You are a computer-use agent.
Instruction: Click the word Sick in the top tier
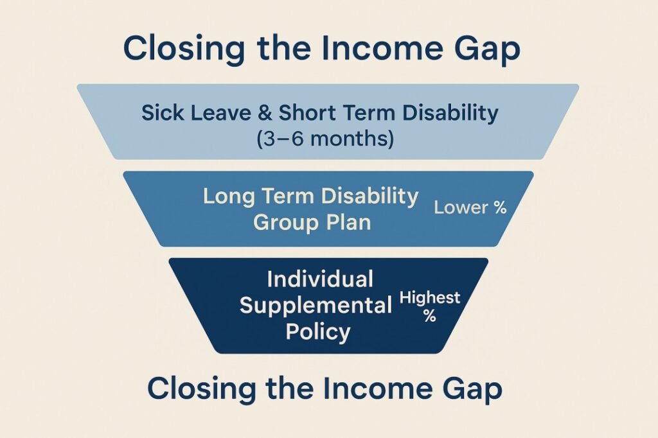point(159,114)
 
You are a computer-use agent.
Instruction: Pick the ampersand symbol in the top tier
point(263,114)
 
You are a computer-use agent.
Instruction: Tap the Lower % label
point(470,207)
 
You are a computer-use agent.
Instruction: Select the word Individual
point(319,279)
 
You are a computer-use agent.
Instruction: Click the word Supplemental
point(316,305)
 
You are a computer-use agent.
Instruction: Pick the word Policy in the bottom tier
point(319,331)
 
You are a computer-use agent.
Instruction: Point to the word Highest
point(429,297)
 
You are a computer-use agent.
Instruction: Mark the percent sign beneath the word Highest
point(429,315)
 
